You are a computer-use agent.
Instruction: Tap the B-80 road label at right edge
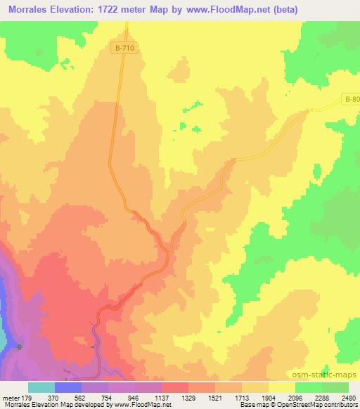352,100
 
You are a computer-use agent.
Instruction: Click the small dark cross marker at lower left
20,347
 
